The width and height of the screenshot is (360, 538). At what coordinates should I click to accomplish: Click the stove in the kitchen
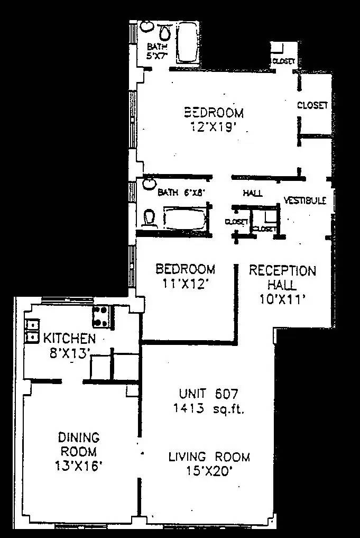pyautogui.click(x=101, y=316)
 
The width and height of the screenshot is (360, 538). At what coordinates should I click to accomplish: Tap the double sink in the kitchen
pyautogui.click(x=32, y=331)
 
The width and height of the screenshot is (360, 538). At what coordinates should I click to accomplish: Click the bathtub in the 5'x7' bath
pyautogui.click(x=186, y=42)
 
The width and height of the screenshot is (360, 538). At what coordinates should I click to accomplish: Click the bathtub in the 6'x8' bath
pyautogui.click(x=183, y=217)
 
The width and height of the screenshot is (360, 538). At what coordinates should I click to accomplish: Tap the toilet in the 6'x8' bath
pyautogui.click(x=150, y=217)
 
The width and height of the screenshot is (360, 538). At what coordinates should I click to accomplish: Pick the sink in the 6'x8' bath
pyautogui.click(x=149, y=183)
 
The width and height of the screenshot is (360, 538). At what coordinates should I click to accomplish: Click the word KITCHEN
pyautogui.click(x=69, y=339)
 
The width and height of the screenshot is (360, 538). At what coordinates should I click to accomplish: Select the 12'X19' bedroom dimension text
pyautogui.click(x=214, y=127)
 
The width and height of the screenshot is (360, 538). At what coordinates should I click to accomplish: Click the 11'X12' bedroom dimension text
pyautogui.click(x=185, y=284)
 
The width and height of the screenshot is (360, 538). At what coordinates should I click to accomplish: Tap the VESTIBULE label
pyautogui.click(x=304, y=200)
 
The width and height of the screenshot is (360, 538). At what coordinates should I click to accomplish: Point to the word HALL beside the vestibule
pyautogui.click(x=253, y=193)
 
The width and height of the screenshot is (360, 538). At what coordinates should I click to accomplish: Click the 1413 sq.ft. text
pyautogui.click(x=209, y=408)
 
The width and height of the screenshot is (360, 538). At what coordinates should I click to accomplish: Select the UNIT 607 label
pyautogui.click(x=209, y=394)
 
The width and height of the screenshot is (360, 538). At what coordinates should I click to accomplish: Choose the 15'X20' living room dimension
pyautogui.click(x=209, y=471)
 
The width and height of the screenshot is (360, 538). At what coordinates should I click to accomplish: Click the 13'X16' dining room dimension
pyautogui.click(x=78, y=466)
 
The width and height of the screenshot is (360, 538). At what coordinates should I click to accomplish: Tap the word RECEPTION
pyautogui.click(x=282, y=271)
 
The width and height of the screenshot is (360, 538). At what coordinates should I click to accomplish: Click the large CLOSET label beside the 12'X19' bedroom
pyautogui.click(x=312, y=105)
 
